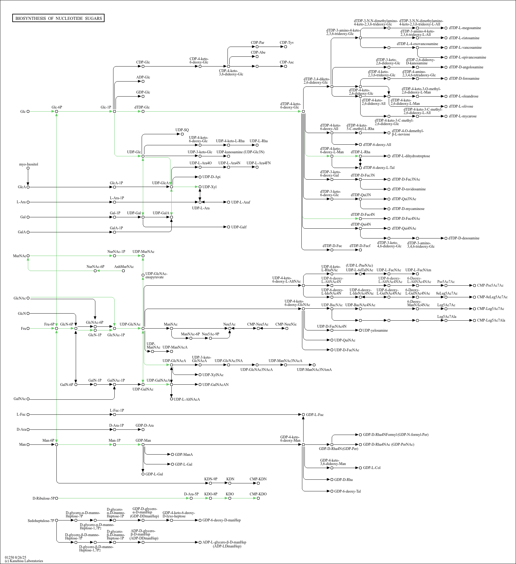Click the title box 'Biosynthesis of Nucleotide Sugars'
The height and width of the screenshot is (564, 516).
pyautogui.click(x=59, y=18)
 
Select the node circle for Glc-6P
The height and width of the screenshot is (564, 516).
pyautogui.click(x=57, y=112)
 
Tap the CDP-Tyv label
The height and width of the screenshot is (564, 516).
pyautogui.click(x=287, y=43)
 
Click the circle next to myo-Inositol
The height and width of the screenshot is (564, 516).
pyautogui.click(x=28, y=168)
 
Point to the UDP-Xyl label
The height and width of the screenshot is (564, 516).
pyautogui.click(x=209, y=187)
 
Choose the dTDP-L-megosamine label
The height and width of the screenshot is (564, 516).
pyautogui.click(x=465, y=28)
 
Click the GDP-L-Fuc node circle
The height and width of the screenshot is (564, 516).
pyautogui.click(x=304, y=415)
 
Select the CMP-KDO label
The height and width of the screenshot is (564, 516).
pyautogui.click(x=258, y=494)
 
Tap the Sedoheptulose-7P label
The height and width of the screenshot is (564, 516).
pyautogui.click(x=41, y=520)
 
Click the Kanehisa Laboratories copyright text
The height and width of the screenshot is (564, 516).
pyautogui.click(x=24, y=561)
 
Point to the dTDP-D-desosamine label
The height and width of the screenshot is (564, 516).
pyautogui.click(x=464, y=238)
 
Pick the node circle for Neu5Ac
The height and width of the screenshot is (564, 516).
pyautogui.click(x=230, y=329)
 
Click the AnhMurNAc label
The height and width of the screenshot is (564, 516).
pyautogui.click(x=124, y=267)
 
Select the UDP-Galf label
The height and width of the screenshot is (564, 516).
pyautogui.click(x=239, y=227)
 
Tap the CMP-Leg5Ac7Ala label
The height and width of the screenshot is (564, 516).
pyautogui.click(x=491, y=320)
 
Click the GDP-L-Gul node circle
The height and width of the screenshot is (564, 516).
pyautogui.click(x=143, y=474)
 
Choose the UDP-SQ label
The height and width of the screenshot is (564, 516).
pyautogui.click(x=182, y=130)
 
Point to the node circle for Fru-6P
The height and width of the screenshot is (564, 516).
pyautogui.click(x=57, y=329)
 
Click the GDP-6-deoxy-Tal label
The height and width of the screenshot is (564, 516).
pyautogui.click(x=347, y=491)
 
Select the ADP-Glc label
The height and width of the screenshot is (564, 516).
pyautogui.click(x=143, y=77)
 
